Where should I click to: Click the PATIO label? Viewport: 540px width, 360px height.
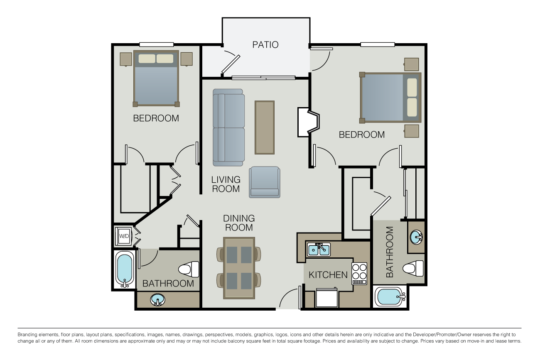pyautogui.click(x=265, y=44)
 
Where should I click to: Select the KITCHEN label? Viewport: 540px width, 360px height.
pyautogui.click(x=328, y=274)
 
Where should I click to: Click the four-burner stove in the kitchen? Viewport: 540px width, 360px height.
pyautogui.click(x=359, y=274)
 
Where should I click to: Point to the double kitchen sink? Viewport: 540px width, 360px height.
pyautogui.click(x=319, y=250)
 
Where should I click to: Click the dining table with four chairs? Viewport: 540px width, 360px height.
pyautogui.click(x=239, y=268)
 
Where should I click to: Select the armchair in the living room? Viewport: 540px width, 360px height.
pyautogui.click(x=265, y=182)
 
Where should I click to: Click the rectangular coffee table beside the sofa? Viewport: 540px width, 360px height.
pyautogui.click(x=264, y=127)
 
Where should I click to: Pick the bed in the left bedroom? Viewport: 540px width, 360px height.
pyautogui.click(x=156, y=79)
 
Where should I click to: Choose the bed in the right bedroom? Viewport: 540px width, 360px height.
pyautogui.click(x=390, y=98)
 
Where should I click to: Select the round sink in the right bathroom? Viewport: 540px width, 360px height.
pyautogui.click(x=416, y=237)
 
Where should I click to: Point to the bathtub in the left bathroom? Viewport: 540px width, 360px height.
pyautogui.click(x=124, y=269)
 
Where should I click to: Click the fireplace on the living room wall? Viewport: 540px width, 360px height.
pyautogui.click(x=308, y=122)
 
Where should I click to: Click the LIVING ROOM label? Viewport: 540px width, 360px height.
pyautogui.click(x=226, y=184)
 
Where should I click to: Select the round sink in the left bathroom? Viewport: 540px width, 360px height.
pyautogui.click(x=157, y=299)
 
